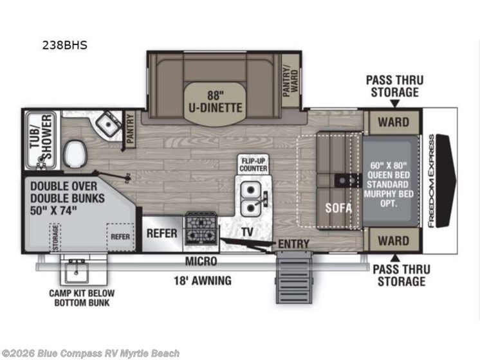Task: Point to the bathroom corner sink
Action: coord(109,123)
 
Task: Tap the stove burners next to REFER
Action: coord(201,228)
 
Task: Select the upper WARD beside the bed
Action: coord(393,122)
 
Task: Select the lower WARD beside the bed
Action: coord(393,241)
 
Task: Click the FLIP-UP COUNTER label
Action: coord(253,163)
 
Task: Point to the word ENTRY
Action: coord(294,244)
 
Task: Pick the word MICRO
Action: coord(201,262)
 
